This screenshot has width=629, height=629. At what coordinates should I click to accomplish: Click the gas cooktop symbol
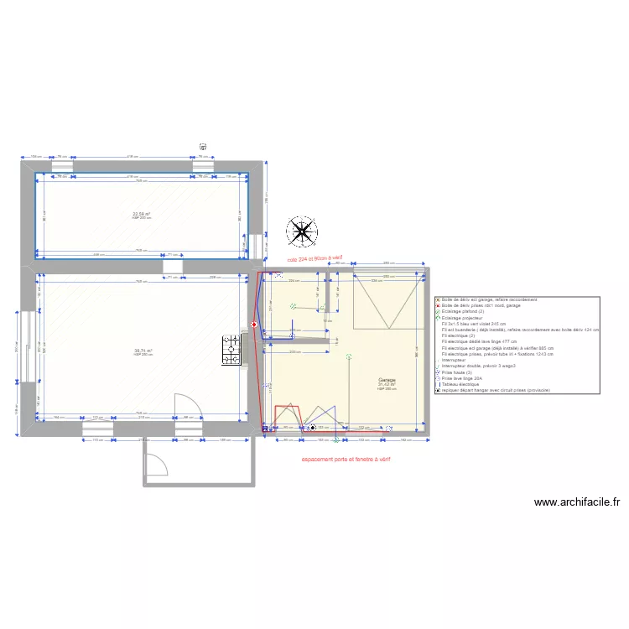click(231, 350)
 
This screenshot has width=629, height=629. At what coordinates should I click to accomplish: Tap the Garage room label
click(387, 380)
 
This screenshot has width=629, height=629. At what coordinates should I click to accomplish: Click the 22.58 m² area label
click(142, 214)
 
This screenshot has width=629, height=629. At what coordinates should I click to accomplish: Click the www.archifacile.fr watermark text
click(576, 502)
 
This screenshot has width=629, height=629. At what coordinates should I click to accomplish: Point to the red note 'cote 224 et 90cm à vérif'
click(315, 259)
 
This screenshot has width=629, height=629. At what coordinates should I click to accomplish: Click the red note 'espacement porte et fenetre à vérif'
click(346, 460)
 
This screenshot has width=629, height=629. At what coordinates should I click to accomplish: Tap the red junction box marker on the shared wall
click(254, 325)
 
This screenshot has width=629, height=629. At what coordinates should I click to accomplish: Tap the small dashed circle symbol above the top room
click(203, 146)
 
